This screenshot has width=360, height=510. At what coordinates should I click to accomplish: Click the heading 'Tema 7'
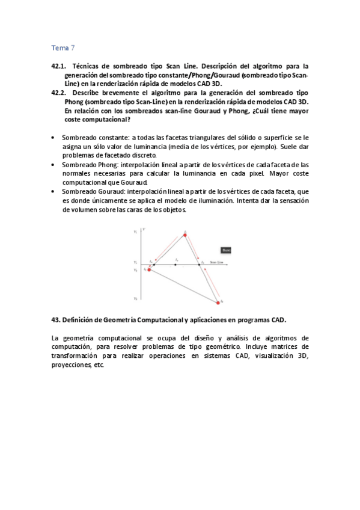tap(63, 48)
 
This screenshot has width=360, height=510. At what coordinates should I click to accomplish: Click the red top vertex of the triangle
tap(186, 235)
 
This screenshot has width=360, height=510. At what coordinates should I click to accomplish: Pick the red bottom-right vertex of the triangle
tap(219, 302)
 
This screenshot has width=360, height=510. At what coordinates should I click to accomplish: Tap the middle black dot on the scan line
tap(175, 264)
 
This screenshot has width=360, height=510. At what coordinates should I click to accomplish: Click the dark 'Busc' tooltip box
tap(226, 250)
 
